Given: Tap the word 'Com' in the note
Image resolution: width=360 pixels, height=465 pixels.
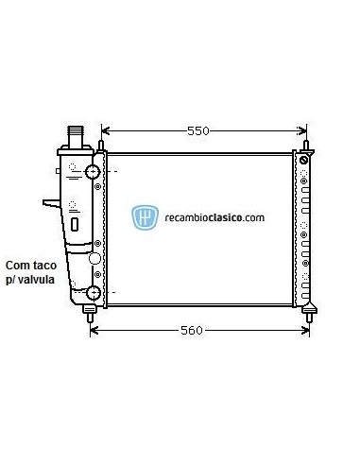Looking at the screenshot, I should pyautogui.click(x=18, y=267).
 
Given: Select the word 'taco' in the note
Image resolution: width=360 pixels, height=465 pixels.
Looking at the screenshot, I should pyautogui.click(x=46, y=267).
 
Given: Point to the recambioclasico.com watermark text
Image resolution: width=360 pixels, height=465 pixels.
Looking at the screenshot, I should pyautogui.click(x=214, y=217).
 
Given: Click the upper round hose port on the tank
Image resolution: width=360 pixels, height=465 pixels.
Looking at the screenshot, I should pyautogui.click(x=93, y=172).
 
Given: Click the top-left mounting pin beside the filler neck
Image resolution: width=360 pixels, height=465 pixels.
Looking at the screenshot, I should pyautogui.click(x=98, y=144).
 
